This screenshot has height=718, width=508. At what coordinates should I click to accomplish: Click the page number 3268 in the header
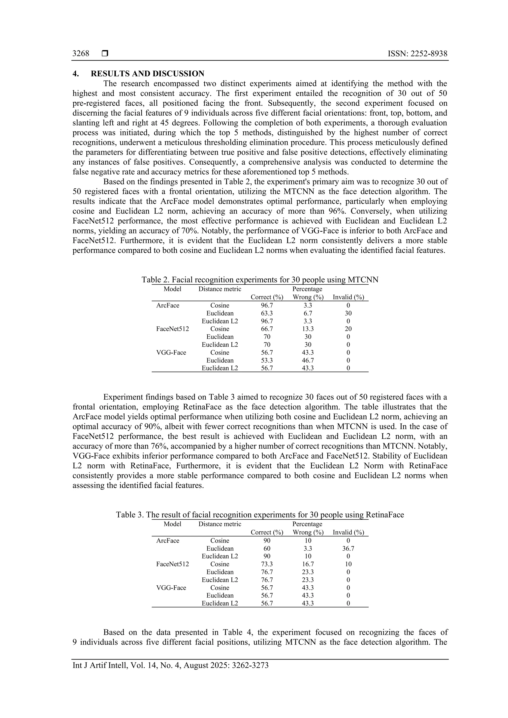point(81,54)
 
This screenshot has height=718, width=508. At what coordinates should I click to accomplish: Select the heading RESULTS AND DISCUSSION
point(147,74)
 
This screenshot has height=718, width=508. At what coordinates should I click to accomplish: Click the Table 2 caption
point(260,280)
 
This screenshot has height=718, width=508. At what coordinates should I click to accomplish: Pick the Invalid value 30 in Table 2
point(348,313)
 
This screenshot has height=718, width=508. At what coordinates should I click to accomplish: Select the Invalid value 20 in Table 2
point(348,329)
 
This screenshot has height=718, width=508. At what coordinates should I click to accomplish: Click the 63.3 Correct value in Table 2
point(267,313)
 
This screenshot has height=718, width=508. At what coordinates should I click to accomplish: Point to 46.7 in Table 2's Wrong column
point(308,360)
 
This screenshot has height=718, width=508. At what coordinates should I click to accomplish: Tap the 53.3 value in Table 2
point(267,360)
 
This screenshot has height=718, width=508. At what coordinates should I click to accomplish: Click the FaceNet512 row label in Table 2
point(172,329)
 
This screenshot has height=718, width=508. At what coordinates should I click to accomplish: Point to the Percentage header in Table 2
point(307,289)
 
